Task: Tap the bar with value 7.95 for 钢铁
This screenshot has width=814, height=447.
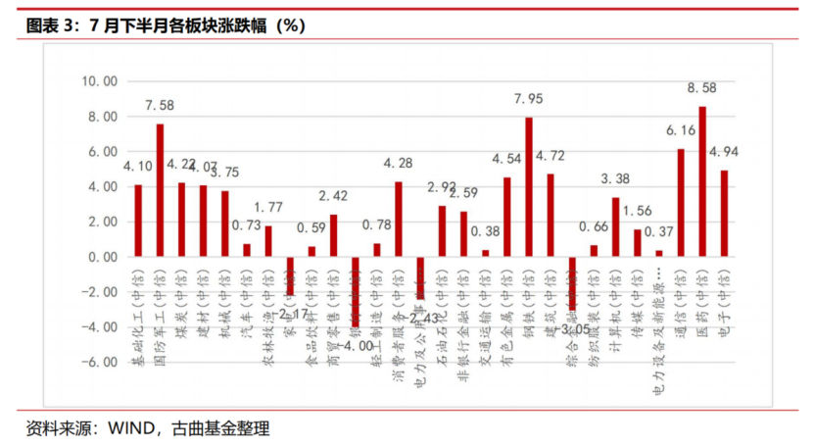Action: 529,187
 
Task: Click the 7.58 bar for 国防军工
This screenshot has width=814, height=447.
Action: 160,190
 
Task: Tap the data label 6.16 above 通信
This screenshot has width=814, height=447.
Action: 681,130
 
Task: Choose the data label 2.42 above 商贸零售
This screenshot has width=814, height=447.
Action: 335,195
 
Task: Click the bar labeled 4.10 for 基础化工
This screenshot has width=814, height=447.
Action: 138,221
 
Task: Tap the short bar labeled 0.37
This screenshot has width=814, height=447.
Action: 659,253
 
